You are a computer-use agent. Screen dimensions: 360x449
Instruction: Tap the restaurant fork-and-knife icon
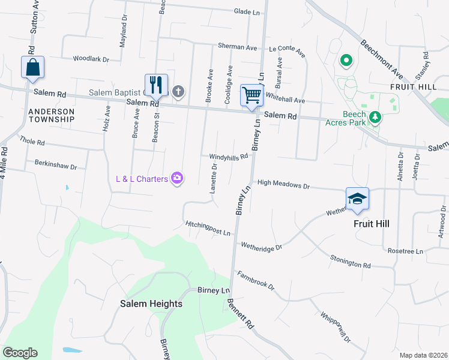[x=156, y=85]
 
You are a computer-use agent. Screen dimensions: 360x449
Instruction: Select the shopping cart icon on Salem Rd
[x=252, y=95]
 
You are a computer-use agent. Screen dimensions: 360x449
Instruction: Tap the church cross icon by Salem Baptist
[x=178, y=92]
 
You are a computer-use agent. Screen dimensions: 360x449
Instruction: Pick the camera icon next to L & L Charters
[x=176, y=178]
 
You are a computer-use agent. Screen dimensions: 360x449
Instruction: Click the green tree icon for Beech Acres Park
[x=375, y=116]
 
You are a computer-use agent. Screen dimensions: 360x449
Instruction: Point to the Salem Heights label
[x=151, y=304]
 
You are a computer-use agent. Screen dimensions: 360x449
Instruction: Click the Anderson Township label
[x=50, y=115]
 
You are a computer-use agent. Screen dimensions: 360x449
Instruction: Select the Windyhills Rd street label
[x=228, y=157]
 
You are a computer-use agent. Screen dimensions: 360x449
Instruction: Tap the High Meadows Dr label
[x=283, y=185]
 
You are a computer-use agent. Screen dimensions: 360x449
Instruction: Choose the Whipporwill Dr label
[x=335, y=327]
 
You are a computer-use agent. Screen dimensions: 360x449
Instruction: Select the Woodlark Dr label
[x=91, y=59]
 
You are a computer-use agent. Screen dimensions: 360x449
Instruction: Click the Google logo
[x=20, y=353]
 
